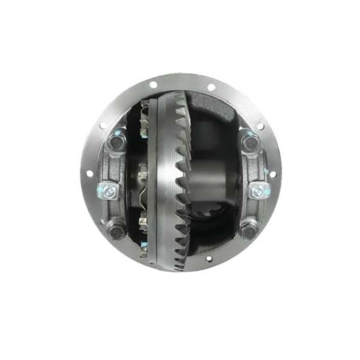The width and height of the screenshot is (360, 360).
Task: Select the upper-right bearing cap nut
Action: tap(250, 143)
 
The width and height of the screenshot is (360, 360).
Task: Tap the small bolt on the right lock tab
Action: tap(258, 191)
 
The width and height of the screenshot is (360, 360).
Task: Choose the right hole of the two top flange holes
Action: tap(211, 87)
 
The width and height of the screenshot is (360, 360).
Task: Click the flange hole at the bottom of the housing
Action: tap(209, 259)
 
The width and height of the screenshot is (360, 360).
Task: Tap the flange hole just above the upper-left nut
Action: tap(103, 125)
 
